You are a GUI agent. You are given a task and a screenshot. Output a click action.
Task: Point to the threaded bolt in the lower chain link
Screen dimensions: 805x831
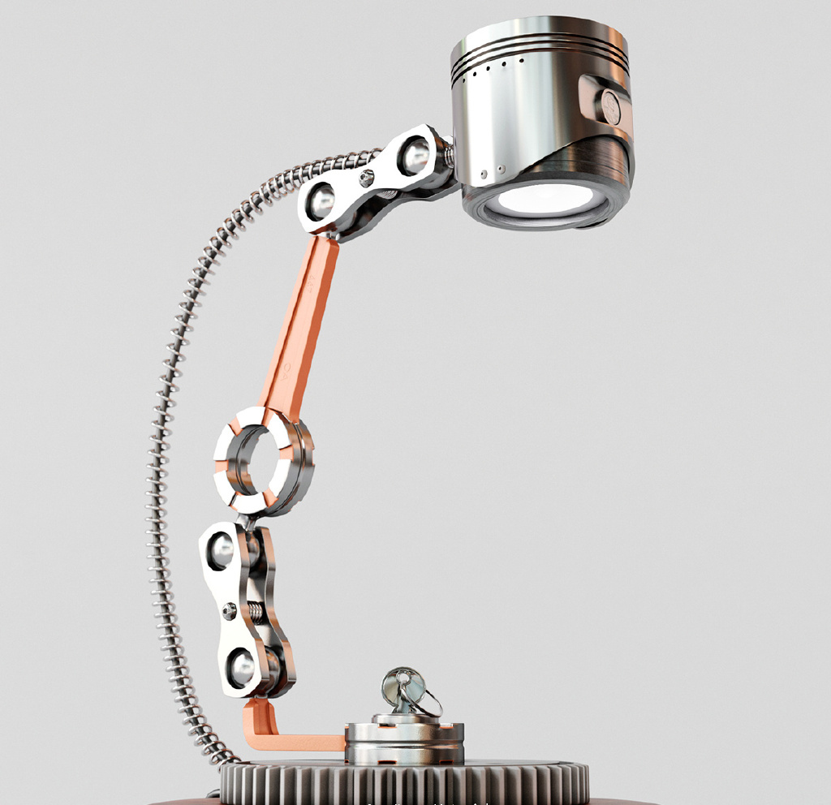click(256, 609)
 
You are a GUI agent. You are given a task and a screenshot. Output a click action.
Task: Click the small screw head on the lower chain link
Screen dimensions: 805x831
click(230, 608)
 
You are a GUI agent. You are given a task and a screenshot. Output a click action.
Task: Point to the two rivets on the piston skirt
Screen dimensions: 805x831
click(492, 170)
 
